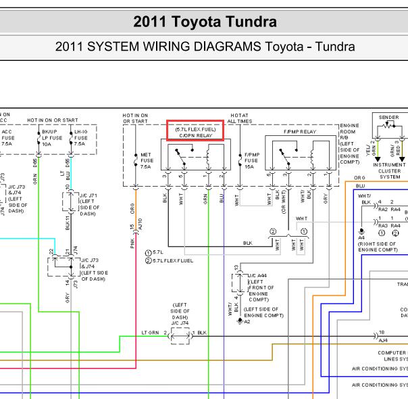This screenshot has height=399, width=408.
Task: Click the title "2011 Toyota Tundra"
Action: tap(205, 22)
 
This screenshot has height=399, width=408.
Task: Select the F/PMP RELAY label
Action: tap(300, 131)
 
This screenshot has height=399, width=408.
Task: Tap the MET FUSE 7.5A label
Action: tap(146, 160)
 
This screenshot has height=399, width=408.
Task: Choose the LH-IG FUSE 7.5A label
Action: tap(80, 139)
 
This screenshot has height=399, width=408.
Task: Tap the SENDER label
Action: tap(389, 117)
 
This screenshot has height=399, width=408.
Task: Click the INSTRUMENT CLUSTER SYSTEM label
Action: tap(390, 171)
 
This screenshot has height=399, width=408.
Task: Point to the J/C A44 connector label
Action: tap(259, 275)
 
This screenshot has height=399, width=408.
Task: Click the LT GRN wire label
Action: tap(151, 333)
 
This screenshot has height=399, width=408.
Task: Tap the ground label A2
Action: tap(247, 322)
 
